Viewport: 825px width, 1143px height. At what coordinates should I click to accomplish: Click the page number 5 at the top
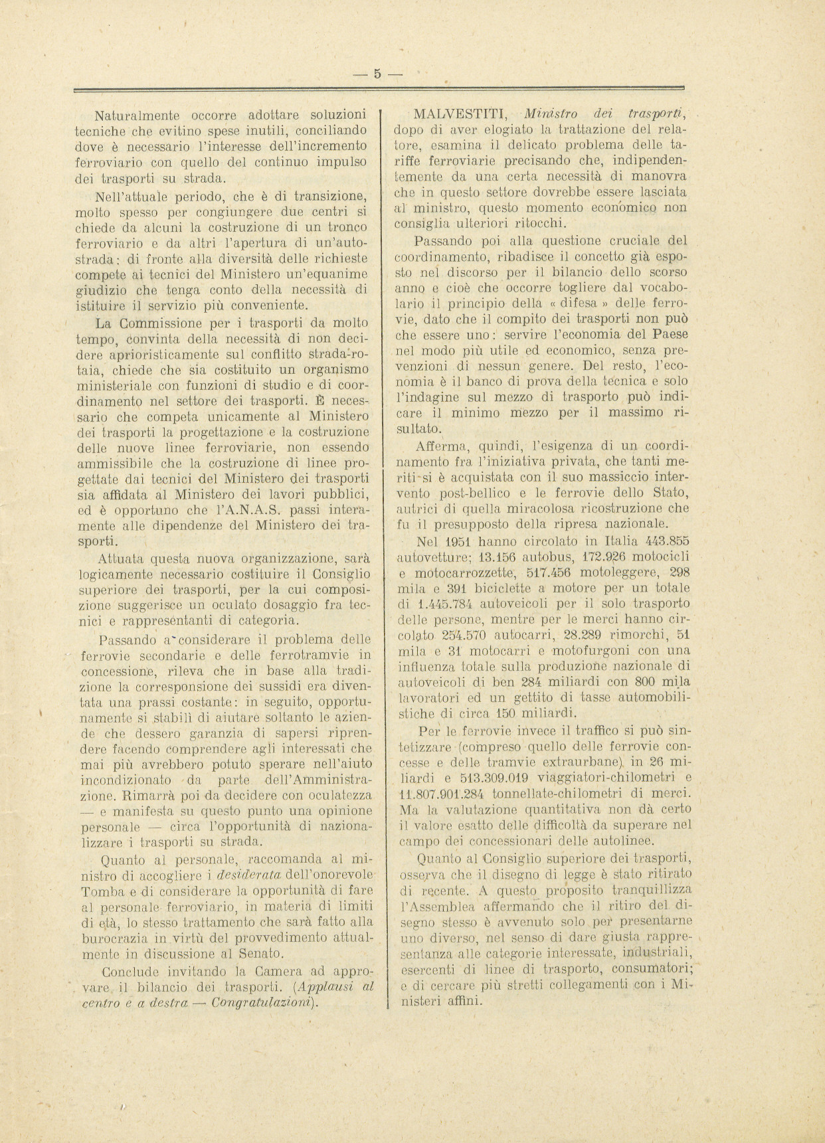point(377,74)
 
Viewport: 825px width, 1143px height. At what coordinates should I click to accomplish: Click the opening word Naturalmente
point(135,115)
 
